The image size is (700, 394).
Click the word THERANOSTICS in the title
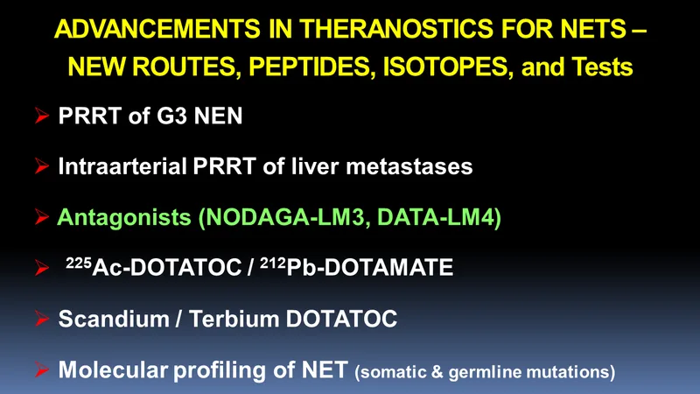click(x=396, y=29)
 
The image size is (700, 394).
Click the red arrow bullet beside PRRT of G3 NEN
click(x=42, y=116)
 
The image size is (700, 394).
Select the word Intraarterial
click(x=122, y=166)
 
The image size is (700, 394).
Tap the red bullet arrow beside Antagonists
click(x=42, y=217)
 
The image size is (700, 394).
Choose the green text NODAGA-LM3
click(x=283, y=217)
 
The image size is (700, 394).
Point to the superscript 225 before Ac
click(x=79, y=263)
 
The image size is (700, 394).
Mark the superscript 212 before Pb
click(x=273, y=263)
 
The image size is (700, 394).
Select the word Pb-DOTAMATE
click(x=369, y=268)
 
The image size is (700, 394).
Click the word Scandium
click(x=114, y=319)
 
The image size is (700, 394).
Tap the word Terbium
click(x=234, y=319)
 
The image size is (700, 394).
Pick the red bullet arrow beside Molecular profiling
click(x=42, y=369)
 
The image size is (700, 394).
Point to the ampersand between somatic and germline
click(x=437, y=371)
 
